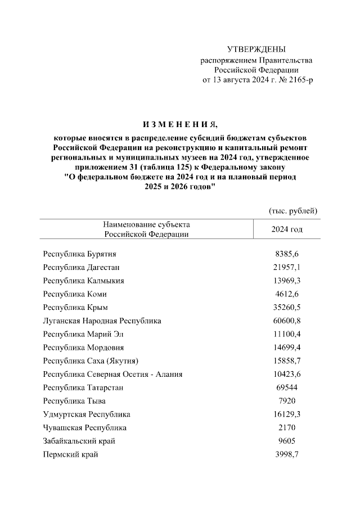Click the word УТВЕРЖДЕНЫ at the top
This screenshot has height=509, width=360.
[x=256, y=49]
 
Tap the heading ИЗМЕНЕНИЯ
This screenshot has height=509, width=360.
[x=179, y=124]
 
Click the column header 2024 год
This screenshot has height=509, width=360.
[x=287, y=229]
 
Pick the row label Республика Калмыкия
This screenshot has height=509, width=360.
[x=83, y=281]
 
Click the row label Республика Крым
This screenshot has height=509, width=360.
[x=75, y=308]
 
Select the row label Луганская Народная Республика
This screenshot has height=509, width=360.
[x=102, y=321]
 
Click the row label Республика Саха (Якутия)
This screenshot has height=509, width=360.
[x=91, y=361]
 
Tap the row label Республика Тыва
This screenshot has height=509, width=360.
[x=74, y=401]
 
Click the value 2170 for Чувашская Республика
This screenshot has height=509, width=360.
[x=287, y=428]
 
